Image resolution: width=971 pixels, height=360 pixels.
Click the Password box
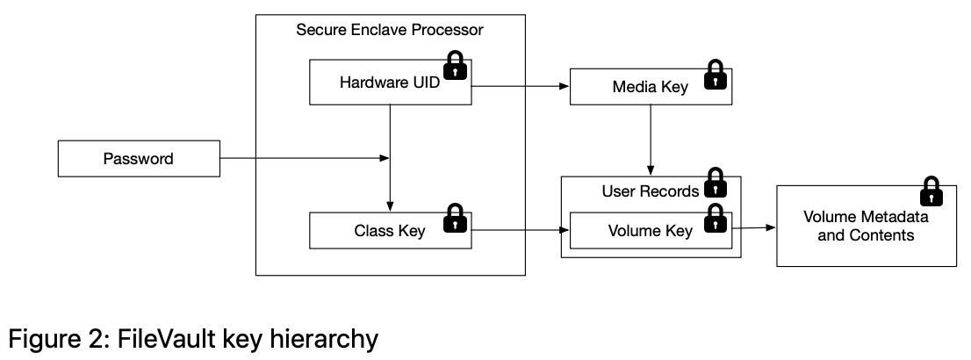[x=138, y=159]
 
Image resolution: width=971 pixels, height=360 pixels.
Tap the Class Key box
[x=378, y=231]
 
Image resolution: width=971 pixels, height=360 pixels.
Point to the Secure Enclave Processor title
[x=390, y=31]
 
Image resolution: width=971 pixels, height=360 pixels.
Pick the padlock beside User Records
[x=716, y=183]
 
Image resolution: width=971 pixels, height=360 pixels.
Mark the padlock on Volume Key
[x=716, y=219]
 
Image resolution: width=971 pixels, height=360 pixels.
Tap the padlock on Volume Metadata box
[x=931, y=192]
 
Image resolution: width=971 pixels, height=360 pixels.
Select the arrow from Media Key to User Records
[x=650, y=140]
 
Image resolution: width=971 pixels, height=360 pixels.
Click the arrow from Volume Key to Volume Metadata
[x=753, y=227]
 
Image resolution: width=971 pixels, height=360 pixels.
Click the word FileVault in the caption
[x=147, y=338]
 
